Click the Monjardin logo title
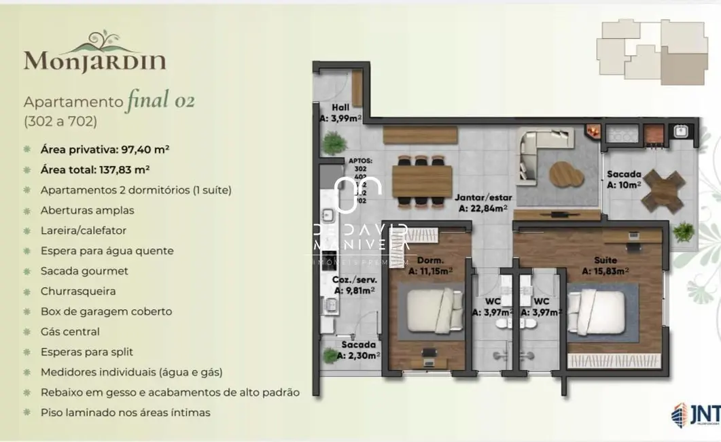coord(94,60)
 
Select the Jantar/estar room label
coord(485,203)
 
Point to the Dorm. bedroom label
coord(430,265)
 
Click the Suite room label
coord(605,265)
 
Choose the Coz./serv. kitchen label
coord(354,284)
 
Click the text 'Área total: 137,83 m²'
coord(95,170)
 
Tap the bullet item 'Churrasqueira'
coord(78,291)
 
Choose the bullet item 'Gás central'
coord(70,332)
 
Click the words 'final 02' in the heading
coord(161,101)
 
